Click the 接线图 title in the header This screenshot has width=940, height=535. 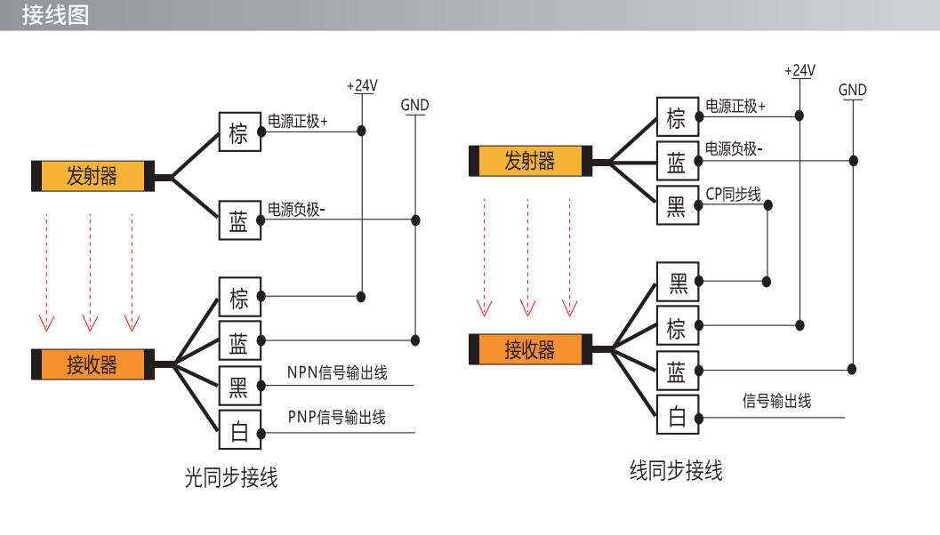(55, 15)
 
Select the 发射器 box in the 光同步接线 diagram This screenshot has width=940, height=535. (92, 176)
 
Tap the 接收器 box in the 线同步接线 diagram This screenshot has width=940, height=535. (531, 349)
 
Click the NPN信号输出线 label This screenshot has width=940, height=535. (337, 372)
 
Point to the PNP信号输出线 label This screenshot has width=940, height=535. (337, 417)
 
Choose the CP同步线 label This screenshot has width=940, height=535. (733, 194)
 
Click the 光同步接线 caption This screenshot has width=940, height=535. (231, 477)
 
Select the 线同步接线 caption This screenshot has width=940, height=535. (676, 470)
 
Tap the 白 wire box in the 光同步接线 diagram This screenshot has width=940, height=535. (240, 429)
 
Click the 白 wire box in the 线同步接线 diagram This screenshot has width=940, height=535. (678, 414)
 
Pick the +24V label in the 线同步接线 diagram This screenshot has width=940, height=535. (800, 71)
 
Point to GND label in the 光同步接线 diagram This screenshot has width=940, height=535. (414, 106)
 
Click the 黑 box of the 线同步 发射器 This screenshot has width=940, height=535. (678, 205)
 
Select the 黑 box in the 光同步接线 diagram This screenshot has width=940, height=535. (240, 385)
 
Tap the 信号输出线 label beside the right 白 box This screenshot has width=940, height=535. (777, 401)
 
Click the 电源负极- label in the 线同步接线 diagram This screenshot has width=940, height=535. (734, 148)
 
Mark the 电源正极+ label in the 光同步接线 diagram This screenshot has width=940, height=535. (297, 122)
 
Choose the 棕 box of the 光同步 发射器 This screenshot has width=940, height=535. (240, 132)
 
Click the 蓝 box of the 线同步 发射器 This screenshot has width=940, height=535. (678, 161)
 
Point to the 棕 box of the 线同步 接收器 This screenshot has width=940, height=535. (678, 325)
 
